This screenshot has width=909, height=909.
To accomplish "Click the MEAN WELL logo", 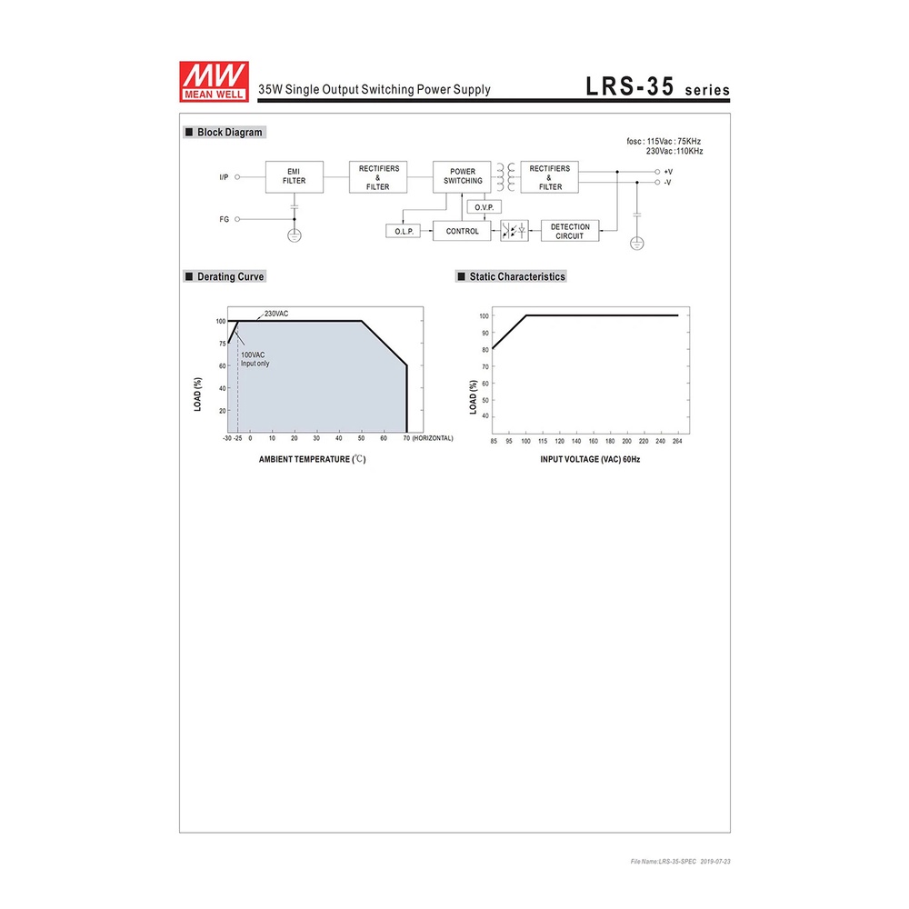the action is tap(214, 82).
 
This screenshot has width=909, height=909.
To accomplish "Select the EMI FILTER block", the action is tap(295, 177).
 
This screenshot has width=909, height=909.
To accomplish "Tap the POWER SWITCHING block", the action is tap(462, 177).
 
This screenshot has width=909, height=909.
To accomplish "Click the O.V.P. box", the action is tap(484, 207).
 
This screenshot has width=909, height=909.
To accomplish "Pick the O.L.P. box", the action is tap(404, 231).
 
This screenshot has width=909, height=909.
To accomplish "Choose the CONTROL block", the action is tap(462, 231).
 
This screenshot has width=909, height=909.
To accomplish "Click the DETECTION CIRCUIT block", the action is tap(570, 231).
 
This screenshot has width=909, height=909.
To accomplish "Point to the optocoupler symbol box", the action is tap(514, 231).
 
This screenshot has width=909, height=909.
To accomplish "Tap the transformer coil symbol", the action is tap(505, 177).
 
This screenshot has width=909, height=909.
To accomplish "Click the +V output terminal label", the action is tap(668, 172).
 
